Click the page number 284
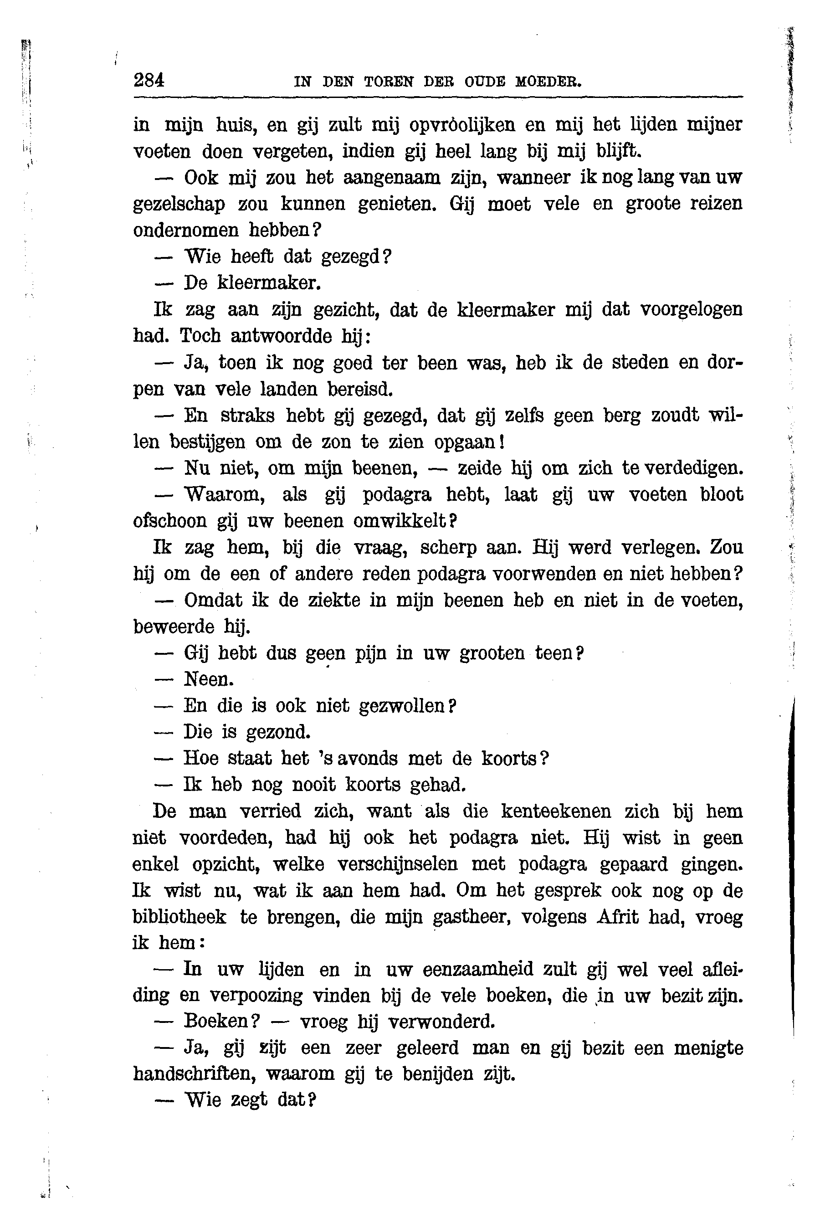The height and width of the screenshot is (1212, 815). [149, 81]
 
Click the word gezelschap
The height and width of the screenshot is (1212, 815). [179, 204]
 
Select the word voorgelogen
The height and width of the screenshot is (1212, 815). [691, 309]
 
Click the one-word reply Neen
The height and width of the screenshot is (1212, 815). [209, 679]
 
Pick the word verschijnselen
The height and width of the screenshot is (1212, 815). [398, 864]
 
